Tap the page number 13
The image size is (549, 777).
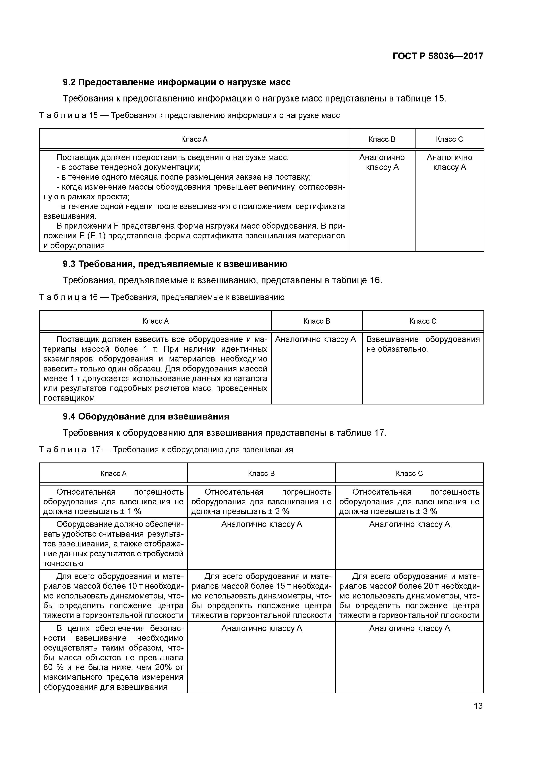[x=478, y=706]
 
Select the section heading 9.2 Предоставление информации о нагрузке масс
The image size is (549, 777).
[x=177, y=82]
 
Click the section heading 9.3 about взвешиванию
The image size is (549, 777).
[x=175, y=264]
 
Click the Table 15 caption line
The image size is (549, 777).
[x=189, y=115]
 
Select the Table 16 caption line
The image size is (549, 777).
[x=162, y=297]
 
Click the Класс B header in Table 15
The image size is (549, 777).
[x=382, y=139]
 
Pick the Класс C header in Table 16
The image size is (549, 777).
[x=423, y=321]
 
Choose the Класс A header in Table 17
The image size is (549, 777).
[x=113, y=473]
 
